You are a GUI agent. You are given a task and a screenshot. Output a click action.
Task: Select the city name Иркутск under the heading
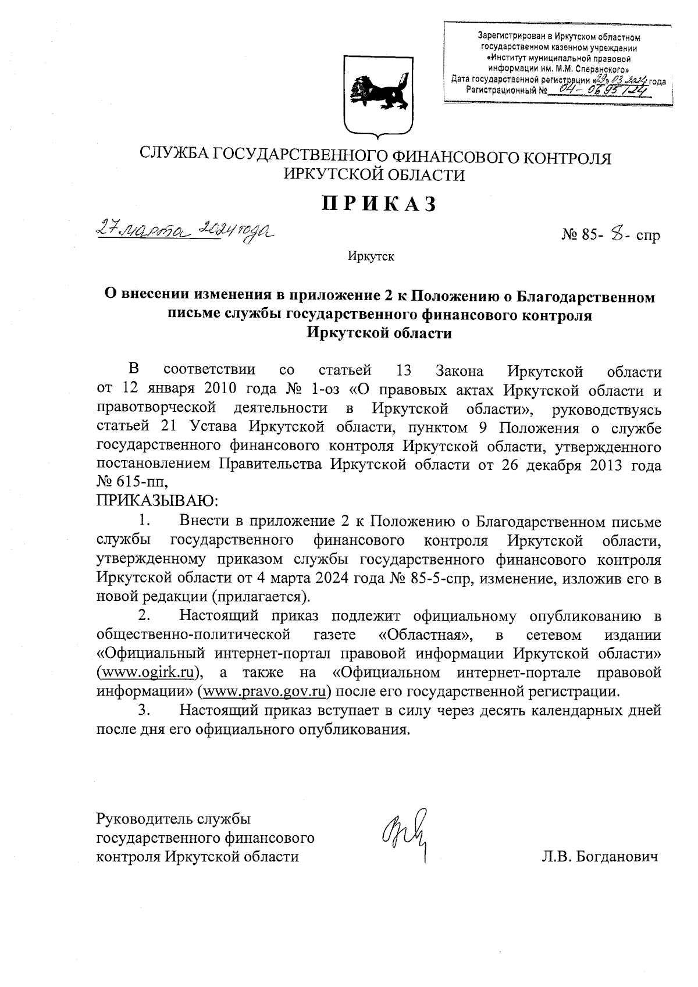[x=371, y=256]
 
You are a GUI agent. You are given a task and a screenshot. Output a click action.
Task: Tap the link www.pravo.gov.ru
[x=264, y=692]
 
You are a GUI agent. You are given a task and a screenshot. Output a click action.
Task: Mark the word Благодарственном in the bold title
[x=585, y=297]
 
